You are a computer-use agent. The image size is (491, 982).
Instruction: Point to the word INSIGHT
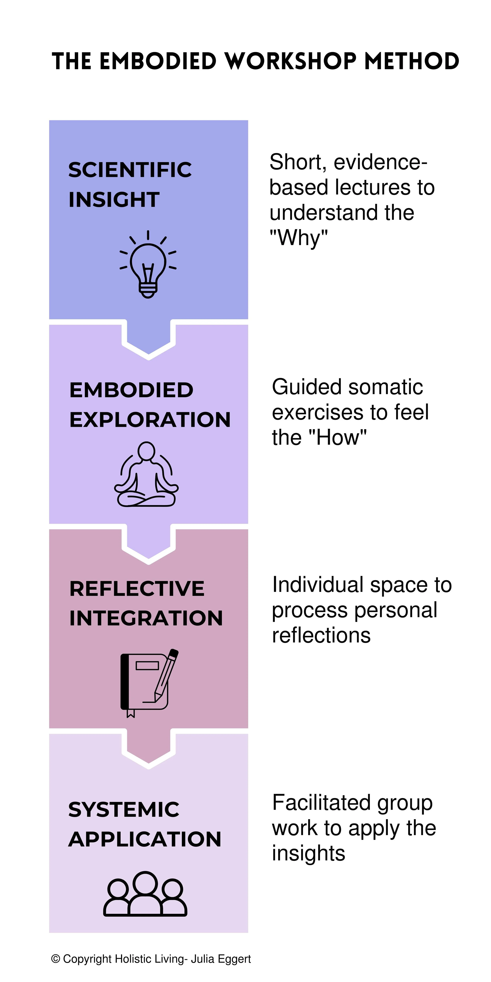[114, 200]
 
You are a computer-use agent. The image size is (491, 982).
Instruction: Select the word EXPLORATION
[150, 420]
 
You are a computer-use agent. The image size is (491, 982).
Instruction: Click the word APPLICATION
[145, 839]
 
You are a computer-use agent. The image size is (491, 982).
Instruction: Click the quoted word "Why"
[299, 238]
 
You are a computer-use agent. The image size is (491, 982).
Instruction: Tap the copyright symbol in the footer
[56, 959]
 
